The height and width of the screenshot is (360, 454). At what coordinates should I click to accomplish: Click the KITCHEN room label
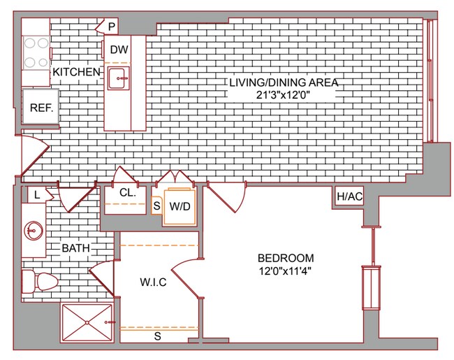pyautogui.click(x=76, y=72)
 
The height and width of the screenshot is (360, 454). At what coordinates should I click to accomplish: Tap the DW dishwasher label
pyautogui.click(x=119, y=50)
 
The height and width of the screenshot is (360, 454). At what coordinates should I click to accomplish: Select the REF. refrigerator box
pyautogui.click(x=41, y=106)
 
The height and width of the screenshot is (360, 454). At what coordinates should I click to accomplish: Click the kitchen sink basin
pyautogui.click(x=119, y=78)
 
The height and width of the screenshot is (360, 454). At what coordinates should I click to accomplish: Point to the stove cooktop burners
pyautogui.click(x=36, y=52)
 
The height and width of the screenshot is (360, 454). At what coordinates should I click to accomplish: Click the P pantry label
pyautogui.click(x=112, y=27)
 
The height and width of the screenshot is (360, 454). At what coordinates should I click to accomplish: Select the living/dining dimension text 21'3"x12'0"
pyautogui.click(x=284, y=95)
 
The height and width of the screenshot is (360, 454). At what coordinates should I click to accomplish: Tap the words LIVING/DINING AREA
pyautogui.click(x=284, y=82)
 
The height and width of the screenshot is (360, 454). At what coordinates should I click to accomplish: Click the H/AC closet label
pyautogui.click(x=350, y=196)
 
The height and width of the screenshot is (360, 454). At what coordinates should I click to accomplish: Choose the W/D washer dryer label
pyautogui.click(x=180, y=206)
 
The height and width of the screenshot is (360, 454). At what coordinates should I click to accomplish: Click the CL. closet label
pyautogui.click(x=128, y=192)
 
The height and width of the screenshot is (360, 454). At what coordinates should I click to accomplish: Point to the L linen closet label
pyautogui.click(x=37, y=195)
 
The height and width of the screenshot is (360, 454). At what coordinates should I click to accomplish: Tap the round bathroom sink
pyautogui.click(x=34, y=231)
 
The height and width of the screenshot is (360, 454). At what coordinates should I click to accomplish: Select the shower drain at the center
pyautogui.click(x=87, y=322)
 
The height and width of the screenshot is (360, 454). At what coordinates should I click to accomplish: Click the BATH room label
pyautogui.click(x=76, y=248)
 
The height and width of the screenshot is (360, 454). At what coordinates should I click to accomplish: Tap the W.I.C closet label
pyautogui.click(x=153, y=282)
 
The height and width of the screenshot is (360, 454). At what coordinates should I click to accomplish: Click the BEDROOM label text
pyautogui.click(x=286, y=258)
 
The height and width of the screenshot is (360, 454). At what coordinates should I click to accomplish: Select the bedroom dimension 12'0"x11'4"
pyautogui.click(x=285, y=271)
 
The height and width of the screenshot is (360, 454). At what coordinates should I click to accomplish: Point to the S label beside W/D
pyautogui.click(x=156, y=206)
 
